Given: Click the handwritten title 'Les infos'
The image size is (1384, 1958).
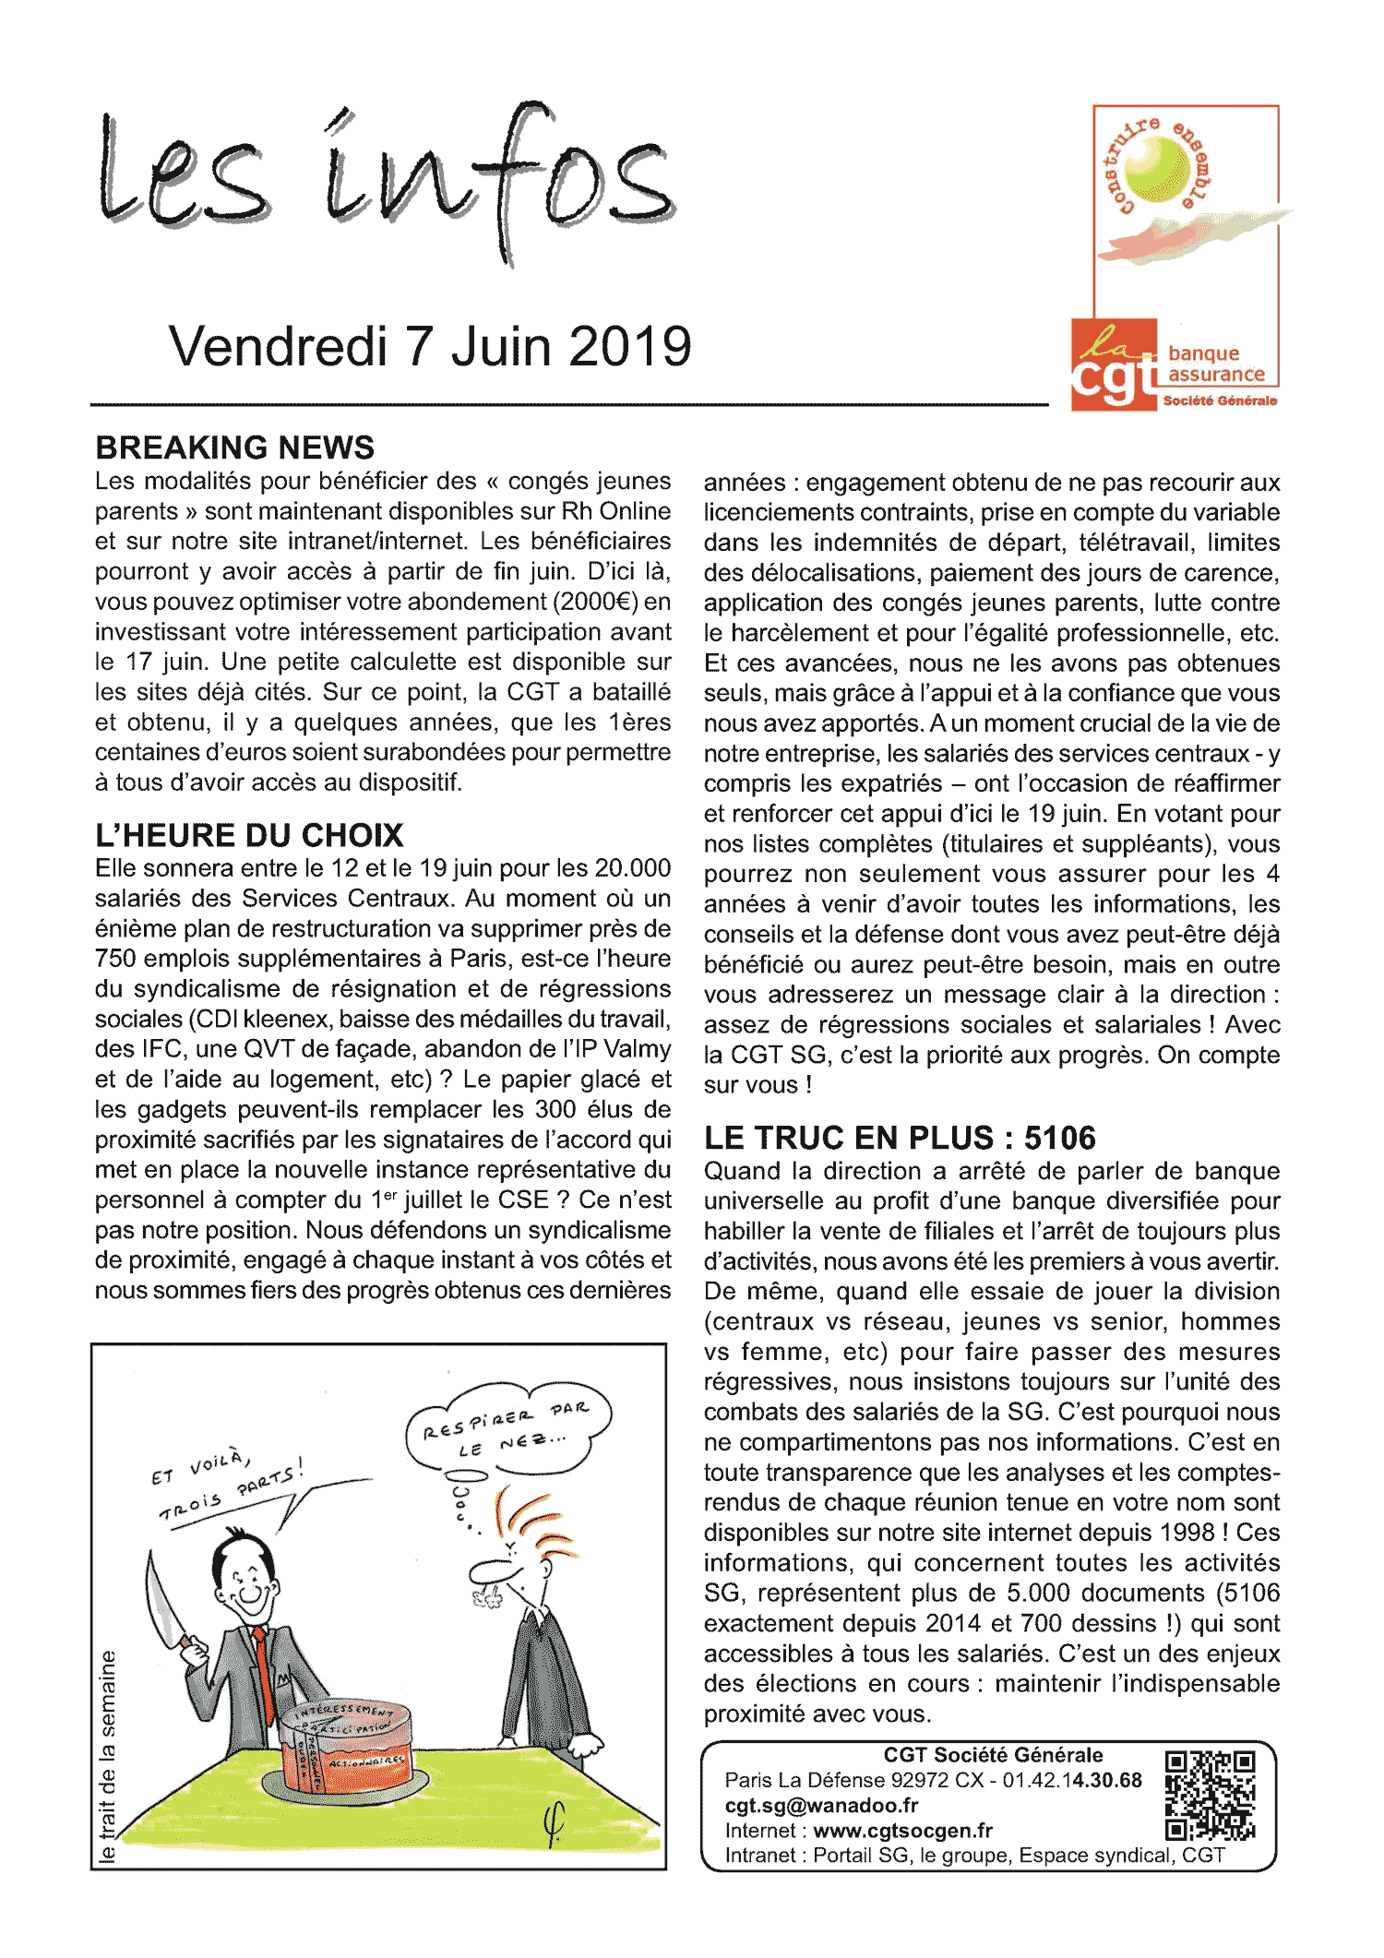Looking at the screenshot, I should tap(388, 180).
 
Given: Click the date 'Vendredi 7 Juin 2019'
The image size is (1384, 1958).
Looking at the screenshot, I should tap(430, 347).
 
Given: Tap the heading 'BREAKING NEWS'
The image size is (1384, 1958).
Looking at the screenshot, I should tap(235, 448).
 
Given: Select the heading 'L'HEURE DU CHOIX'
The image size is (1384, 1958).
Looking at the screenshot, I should tap(249, 835).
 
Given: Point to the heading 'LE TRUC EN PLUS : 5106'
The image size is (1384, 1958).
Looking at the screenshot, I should tap(900, 1138).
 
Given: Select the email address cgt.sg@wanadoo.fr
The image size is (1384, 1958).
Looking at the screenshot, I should tap(821, 1806).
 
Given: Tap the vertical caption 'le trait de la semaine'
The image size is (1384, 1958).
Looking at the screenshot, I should tap(108, 1758).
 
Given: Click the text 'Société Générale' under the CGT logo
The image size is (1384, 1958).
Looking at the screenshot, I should tap(1220, 400).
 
